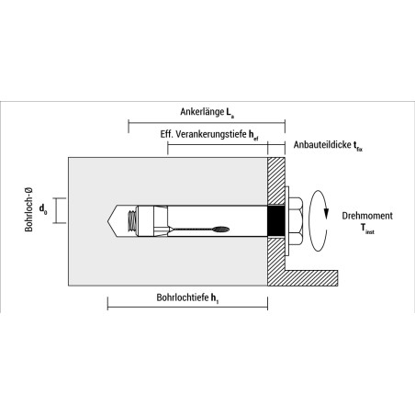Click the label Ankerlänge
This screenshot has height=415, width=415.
click(x=202, y=112)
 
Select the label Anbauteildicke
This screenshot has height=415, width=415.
click(x=322, y=144)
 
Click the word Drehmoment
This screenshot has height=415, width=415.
click(x=367, y=216)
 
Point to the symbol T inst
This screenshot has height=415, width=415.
click(x=367, y=229)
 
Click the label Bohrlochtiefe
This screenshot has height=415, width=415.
click(x=183, y=297)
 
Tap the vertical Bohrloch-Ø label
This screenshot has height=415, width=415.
click(x=28, y=209)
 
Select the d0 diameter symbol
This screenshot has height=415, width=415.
click(x=43, y=209)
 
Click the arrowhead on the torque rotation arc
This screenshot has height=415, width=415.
click(x=326, y=214)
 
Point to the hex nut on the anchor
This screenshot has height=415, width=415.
click(x=297, y=221)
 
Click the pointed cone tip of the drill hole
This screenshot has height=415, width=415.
click(x=108, y=221)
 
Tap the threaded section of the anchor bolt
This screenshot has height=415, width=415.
click(x=132, y=221)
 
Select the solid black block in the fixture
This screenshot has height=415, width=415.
click(x=276, y=221)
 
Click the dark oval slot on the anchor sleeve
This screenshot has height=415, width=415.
click(x=221, y=230)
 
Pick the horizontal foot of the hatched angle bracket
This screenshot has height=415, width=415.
click(x=311, y=278)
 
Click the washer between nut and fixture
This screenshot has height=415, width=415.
click(x=287, y=221)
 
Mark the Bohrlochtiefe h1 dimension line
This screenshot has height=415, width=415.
click(x=187, y=307)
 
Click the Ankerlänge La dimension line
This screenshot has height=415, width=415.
click(x=207, y=123)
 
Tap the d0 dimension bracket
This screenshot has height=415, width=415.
click(x=60, y=210)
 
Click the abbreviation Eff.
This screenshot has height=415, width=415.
click(x=166, y=134)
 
